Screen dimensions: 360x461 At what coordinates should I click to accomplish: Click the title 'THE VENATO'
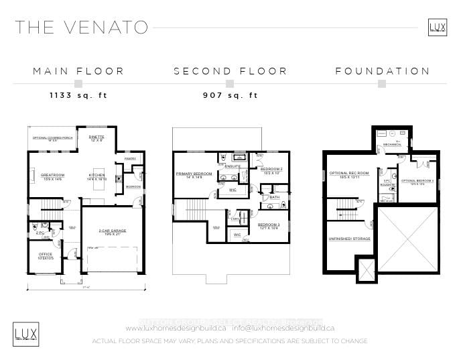pyautogui.click(x=82, y=27)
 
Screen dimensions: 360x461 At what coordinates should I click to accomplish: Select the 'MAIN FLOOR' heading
pyautogui.click(x=78, y=71)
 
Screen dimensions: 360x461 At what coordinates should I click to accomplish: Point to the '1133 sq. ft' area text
pyautogui.click(x=78, y=96)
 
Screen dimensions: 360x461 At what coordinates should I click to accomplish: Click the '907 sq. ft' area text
pyautogui.click(x=230, y=96)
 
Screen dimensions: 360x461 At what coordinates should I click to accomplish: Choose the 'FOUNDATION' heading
pyautogui.click(x=383, y=71)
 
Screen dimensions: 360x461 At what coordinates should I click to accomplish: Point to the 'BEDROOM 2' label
pyautogui.click(x=271, y=169)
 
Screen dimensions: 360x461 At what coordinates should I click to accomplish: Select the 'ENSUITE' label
pyautogui.click(x=233, y=166)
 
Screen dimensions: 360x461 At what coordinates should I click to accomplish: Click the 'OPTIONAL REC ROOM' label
pyautogui.click(x=345, y=174)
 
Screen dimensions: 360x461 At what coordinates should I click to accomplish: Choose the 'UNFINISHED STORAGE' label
pyautogui.click(x=349, y=239)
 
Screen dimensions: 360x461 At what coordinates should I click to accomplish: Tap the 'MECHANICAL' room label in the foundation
pyautogui.click(x=392, y=145)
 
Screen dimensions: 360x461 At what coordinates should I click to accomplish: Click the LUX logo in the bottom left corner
pyautogui.click(x=26, y=333)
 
